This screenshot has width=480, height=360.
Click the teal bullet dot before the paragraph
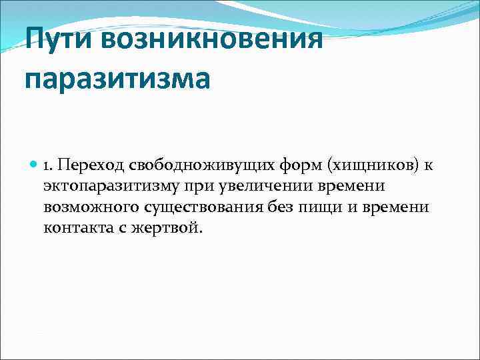33,163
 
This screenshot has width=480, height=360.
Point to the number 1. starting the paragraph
49,164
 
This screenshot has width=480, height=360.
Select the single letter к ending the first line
430,165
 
